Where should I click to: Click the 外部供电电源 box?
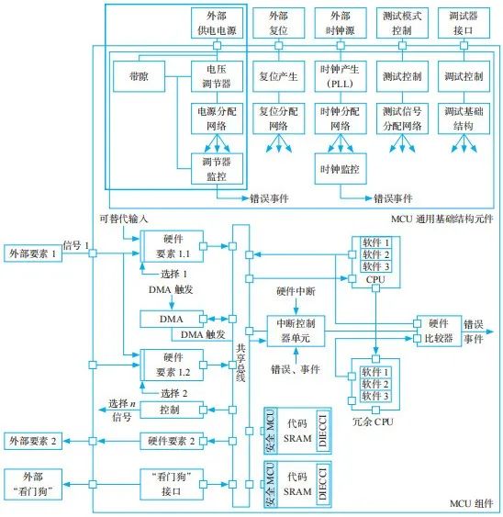coord(218,23)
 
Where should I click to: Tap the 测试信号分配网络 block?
coord(402,117)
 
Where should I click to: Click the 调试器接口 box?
coord(464,23)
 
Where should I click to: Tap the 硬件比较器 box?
coord(439,330)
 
